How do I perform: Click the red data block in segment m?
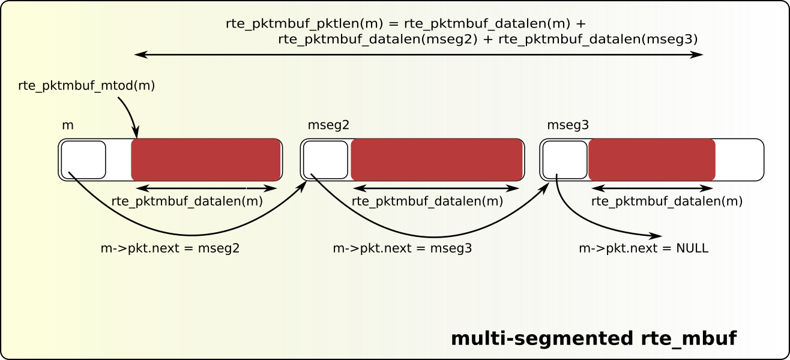(x=206, y=160)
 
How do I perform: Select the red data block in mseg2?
(x=436, y=160)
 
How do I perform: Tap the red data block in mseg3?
(x=652, y=160)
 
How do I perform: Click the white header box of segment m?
(x=83, y=160)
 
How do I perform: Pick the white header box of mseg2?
(x=325, y=160)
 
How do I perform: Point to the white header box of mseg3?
(x=564, y=160)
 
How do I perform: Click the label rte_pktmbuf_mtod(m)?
(x=87, y=86)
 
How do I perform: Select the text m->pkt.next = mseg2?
(x=170, y=248)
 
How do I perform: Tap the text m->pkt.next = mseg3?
(x=402, y=248)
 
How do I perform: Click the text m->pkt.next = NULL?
(x=644, y=248)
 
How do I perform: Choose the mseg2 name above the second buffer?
(x=328, y=125)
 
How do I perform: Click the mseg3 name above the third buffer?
(x=568, y=125)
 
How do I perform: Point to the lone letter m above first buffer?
(x=68, y=125)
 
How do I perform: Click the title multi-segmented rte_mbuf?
(x=594, y=338)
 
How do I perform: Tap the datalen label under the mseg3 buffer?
(x=667, y=202)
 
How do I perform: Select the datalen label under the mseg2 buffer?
(x=427, y=202)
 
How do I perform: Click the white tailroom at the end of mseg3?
(x=738, y=160)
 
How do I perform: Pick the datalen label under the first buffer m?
(x=187, y=202)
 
